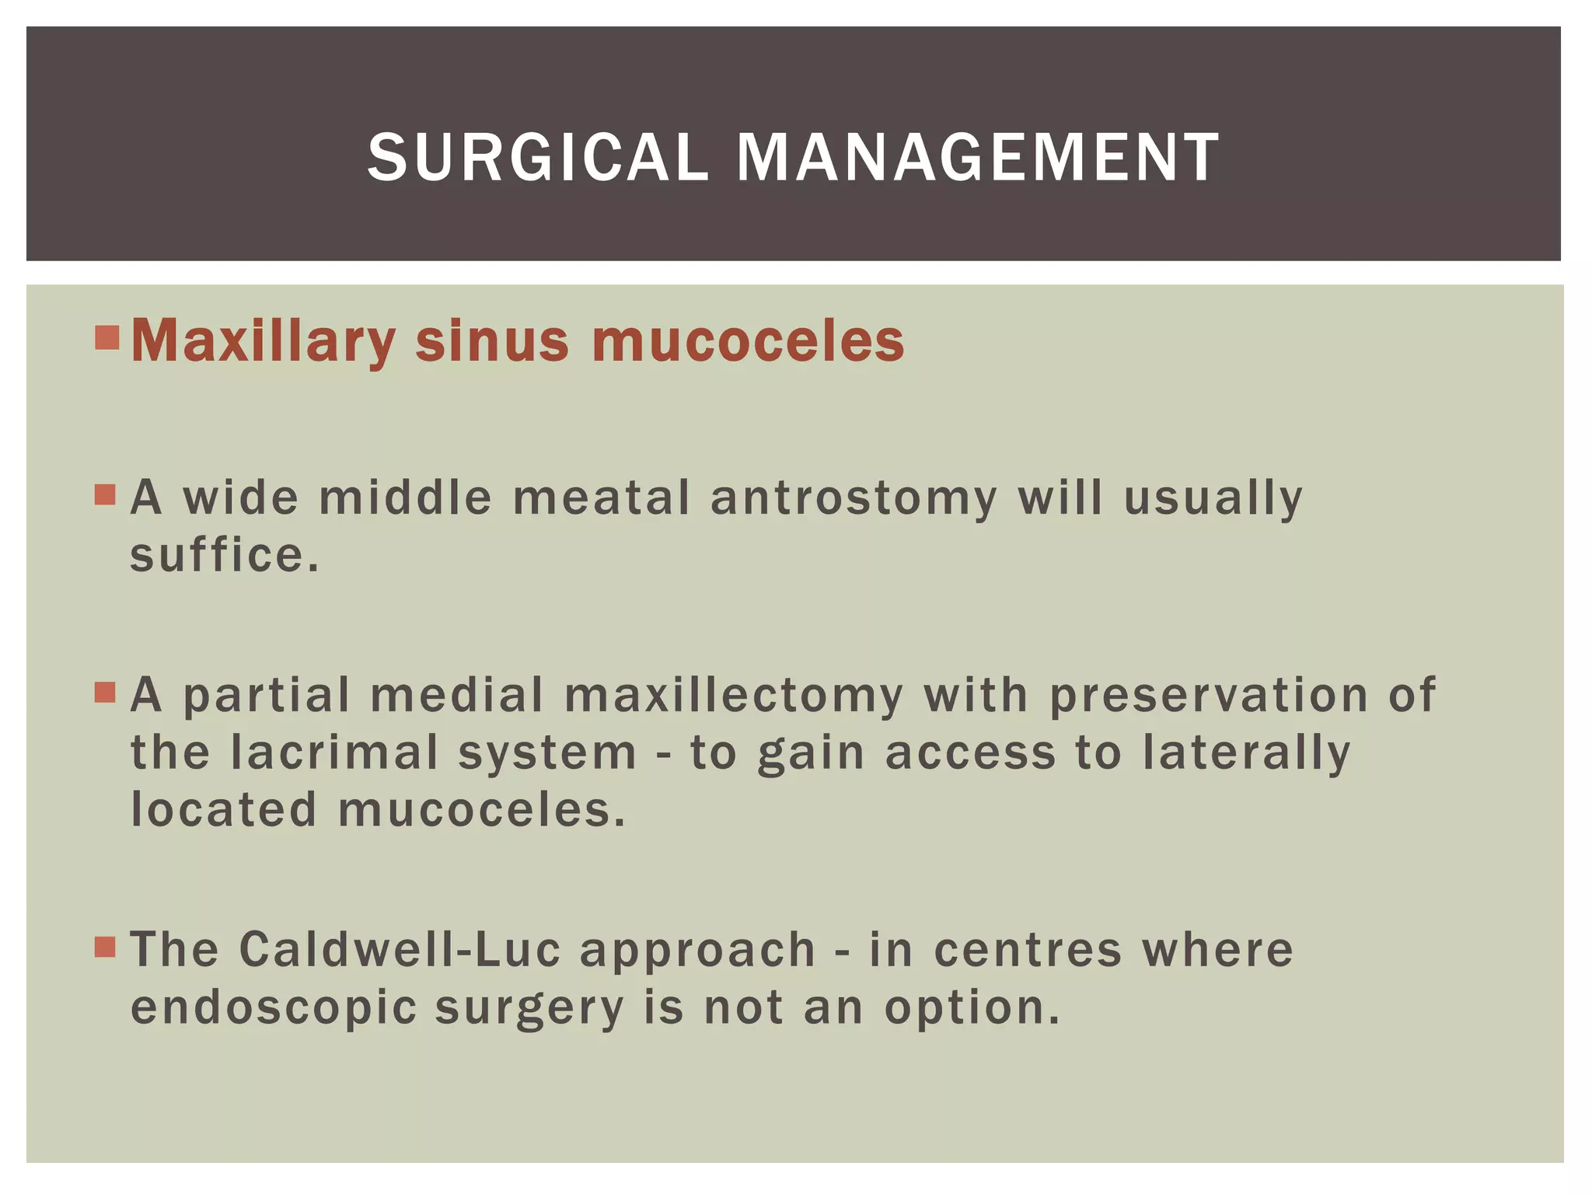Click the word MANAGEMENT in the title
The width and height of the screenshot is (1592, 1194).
click(977, 158)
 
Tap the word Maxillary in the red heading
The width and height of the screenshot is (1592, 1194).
click(264, 342)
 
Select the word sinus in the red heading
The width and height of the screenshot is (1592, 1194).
click(492, 342)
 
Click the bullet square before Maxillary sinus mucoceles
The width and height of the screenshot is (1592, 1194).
click(106, 338)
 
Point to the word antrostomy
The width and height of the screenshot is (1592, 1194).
click(854, 498)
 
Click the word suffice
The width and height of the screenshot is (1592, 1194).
click(224, 556)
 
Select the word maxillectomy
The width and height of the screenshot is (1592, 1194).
click(734, 695)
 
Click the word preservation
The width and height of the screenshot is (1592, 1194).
click(1208, 695)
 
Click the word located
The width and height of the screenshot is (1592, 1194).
click(224, 810)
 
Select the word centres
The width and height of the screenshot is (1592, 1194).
click(1028, 950)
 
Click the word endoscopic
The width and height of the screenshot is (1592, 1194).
click(274, 1007)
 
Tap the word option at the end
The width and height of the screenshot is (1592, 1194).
click(971, 1007)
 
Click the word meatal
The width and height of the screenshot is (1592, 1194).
click(601, 498)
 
